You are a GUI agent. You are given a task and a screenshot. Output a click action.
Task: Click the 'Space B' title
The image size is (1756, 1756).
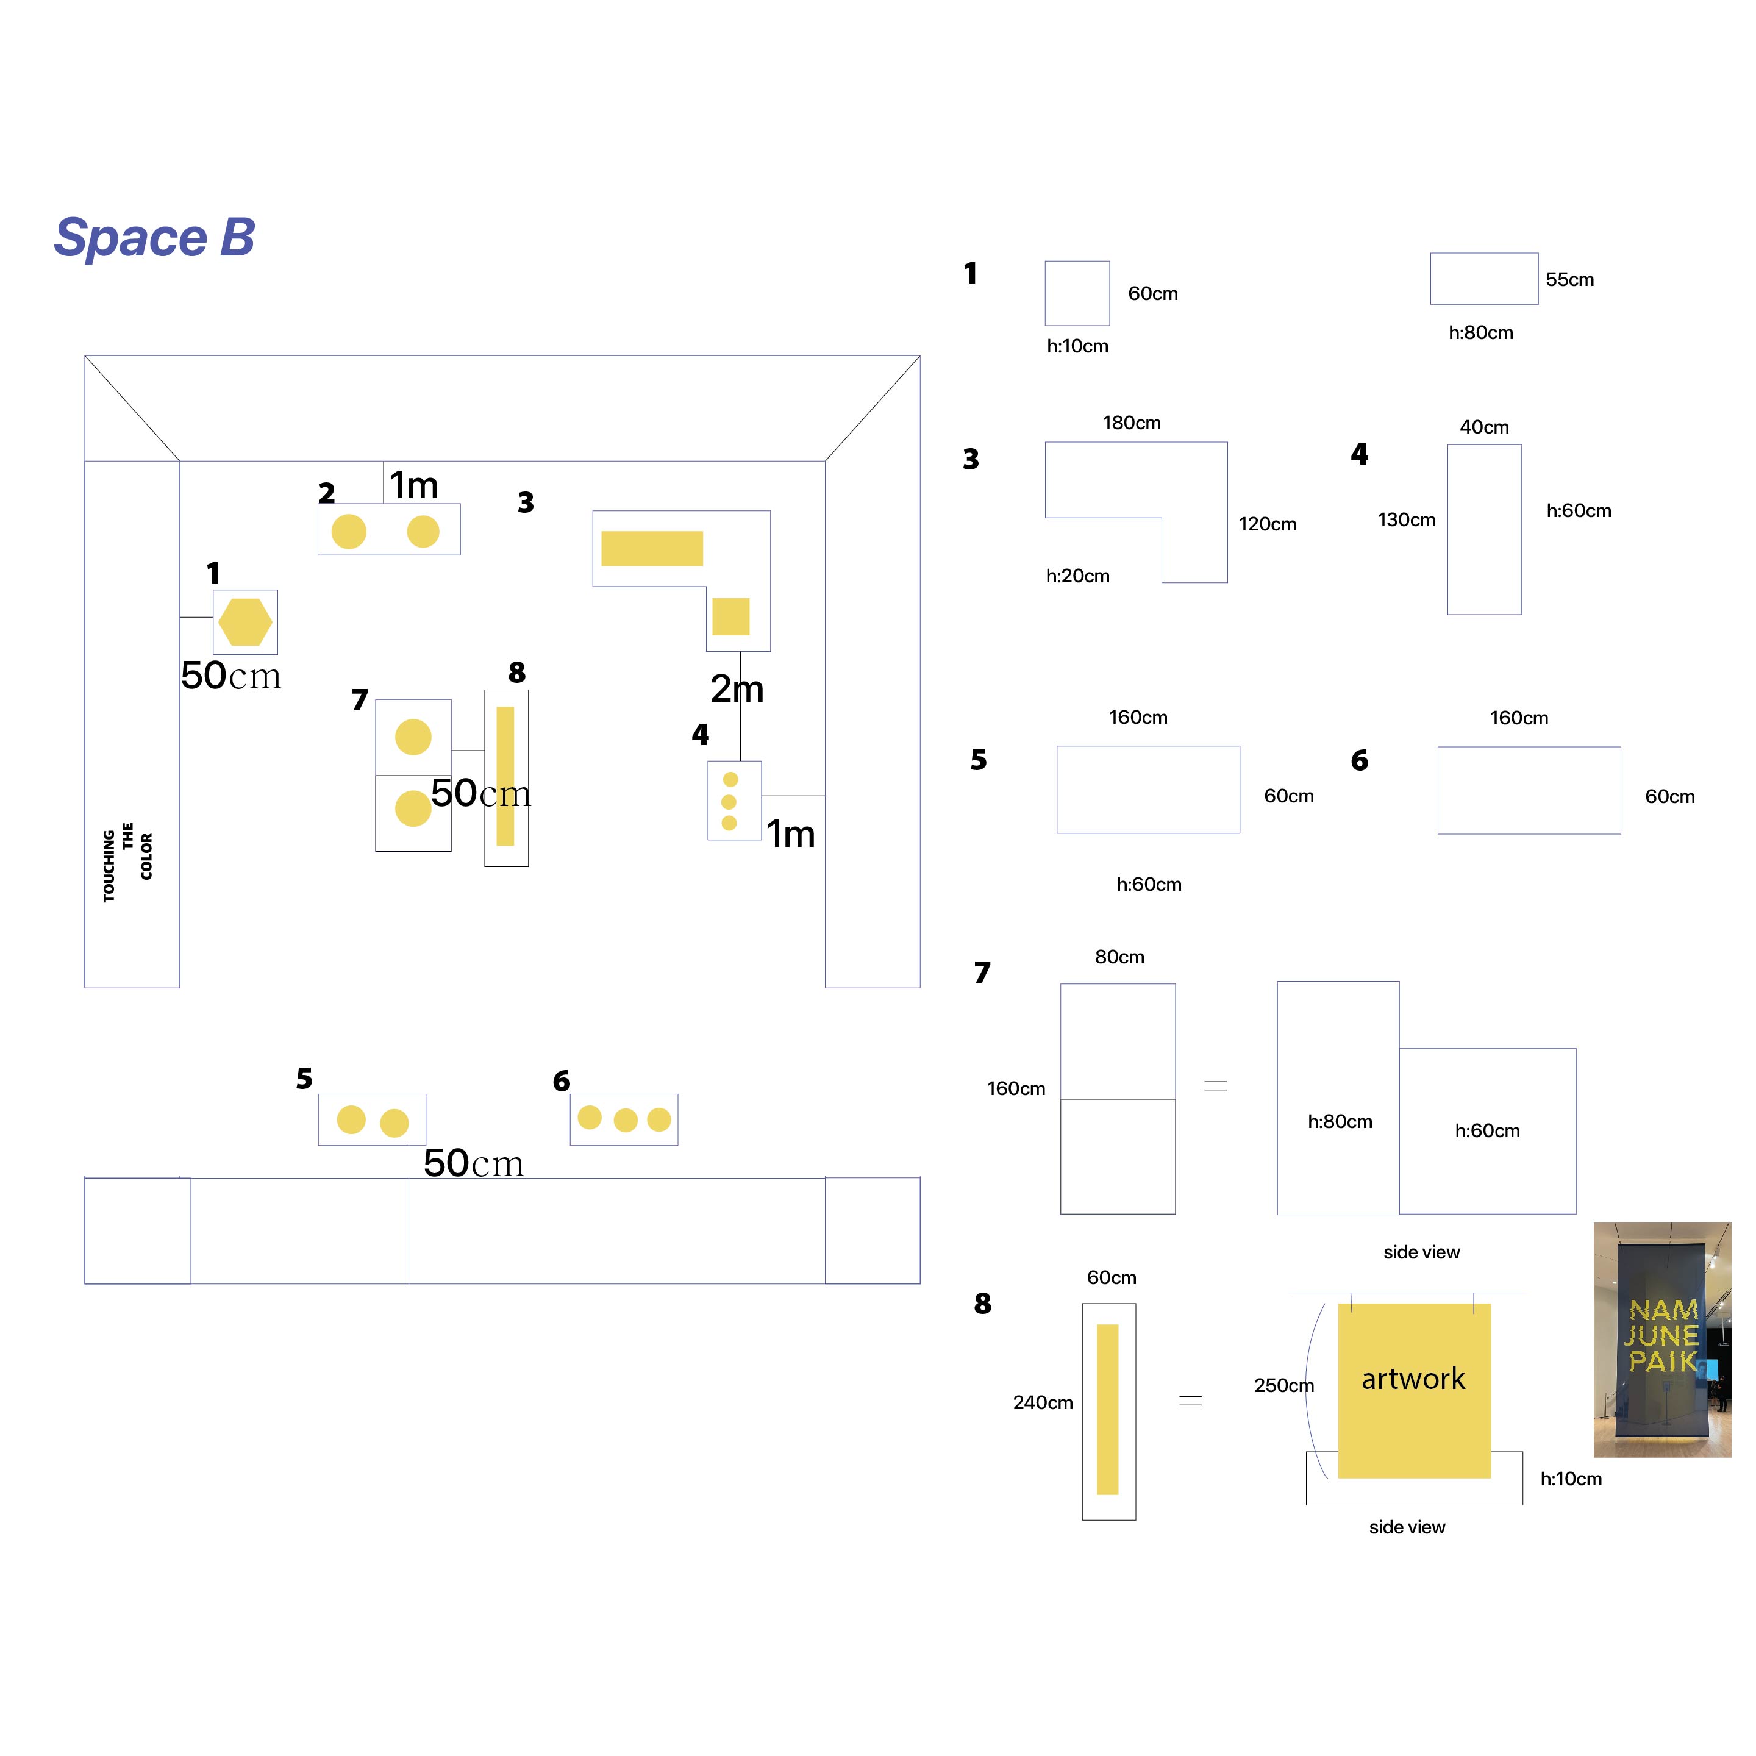click(154, 238)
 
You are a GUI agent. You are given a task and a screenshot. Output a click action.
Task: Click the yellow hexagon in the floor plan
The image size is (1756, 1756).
click(245, 623)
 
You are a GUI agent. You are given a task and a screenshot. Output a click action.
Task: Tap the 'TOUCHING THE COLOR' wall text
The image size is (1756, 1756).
click(127, 865)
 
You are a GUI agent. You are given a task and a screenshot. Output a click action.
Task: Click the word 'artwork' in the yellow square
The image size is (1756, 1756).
click(1413, 1379)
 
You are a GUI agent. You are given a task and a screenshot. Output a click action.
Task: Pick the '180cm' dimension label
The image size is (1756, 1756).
click(1132, 423)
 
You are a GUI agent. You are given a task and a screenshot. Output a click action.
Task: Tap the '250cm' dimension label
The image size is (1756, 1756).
click(1283, 1385)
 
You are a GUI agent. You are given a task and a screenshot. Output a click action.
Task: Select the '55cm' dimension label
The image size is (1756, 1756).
click(1569, 279)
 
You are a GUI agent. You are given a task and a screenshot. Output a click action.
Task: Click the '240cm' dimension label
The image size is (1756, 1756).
click(1043, 1402)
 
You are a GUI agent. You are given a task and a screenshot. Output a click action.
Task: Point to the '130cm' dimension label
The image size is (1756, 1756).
click(1406, 520)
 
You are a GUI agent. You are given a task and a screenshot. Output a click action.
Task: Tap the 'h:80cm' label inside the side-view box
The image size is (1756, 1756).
click(1340, 1122)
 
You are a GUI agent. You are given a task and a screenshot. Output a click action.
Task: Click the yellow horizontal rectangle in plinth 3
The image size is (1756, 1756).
click(652, 548)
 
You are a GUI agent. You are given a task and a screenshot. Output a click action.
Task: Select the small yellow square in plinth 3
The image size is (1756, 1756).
click(731, 616)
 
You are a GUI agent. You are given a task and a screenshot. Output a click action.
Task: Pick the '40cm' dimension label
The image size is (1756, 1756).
click(1484, 427)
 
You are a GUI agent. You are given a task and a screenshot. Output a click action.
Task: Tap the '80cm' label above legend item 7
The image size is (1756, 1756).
click(1119, 957)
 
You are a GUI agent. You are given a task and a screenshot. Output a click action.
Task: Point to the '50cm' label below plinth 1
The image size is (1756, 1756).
click(231, 676)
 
